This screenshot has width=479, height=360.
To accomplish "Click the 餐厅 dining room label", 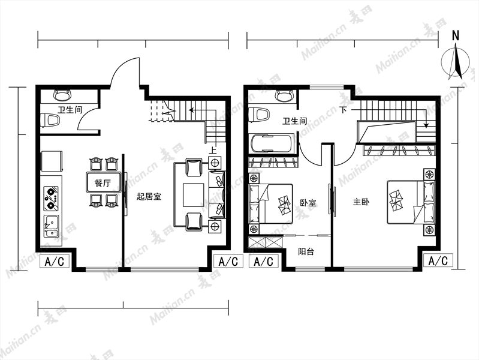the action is (x=103, y=183).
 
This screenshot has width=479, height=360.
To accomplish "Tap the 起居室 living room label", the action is (x=149, y=196).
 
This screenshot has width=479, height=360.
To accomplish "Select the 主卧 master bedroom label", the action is (x=361, y=202).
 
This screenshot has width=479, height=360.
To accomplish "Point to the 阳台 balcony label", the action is (x=306, y=252).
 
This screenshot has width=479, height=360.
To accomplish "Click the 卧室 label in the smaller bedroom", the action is (x=308, y=202).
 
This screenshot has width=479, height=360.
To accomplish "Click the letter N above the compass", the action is (x=456, y=36).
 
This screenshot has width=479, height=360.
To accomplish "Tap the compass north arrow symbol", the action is (x=456, y=62).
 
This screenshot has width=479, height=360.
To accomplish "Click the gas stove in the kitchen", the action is (x=51, y=198).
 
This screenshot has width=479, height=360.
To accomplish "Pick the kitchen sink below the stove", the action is (x=52, y=226).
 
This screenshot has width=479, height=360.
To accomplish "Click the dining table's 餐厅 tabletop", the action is (x=103, y=183).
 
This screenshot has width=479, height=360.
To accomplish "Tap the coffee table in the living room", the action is (x=193, y=195).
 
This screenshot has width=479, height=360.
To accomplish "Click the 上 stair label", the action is (x=213, y=150).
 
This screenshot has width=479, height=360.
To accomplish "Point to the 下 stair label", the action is (x=344, y=109).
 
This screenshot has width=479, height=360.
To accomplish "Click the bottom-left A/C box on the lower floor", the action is (x=55, y=262).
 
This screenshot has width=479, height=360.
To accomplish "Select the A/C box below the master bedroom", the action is (x=438, y=261).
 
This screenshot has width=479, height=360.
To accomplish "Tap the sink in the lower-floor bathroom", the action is (x=62, y=95).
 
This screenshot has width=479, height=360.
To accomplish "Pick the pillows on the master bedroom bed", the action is (x=396, y=200).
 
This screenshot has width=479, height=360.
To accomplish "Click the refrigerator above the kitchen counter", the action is (x=52, y=161).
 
